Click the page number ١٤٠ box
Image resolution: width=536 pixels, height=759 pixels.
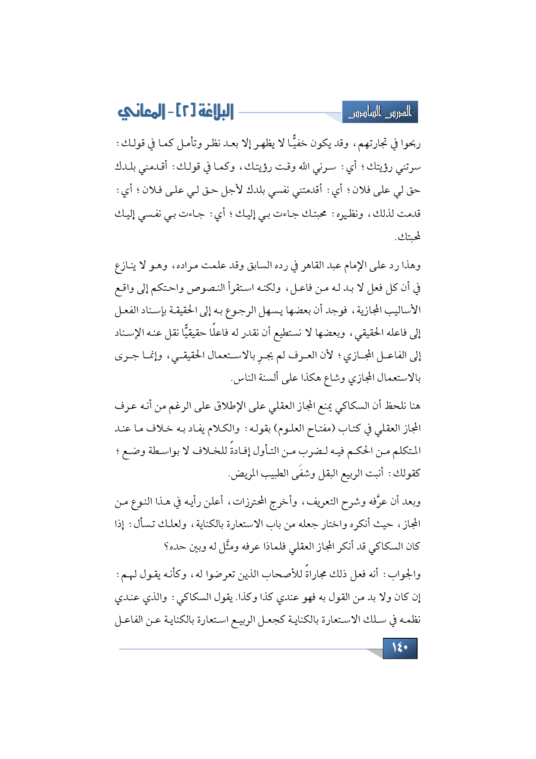coord(400,648)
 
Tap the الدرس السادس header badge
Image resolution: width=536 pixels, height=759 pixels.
coord(380,113)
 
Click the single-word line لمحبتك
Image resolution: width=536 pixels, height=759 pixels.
coord(408,237)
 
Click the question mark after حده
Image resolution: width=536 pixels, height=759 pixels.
coord(166,547)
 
